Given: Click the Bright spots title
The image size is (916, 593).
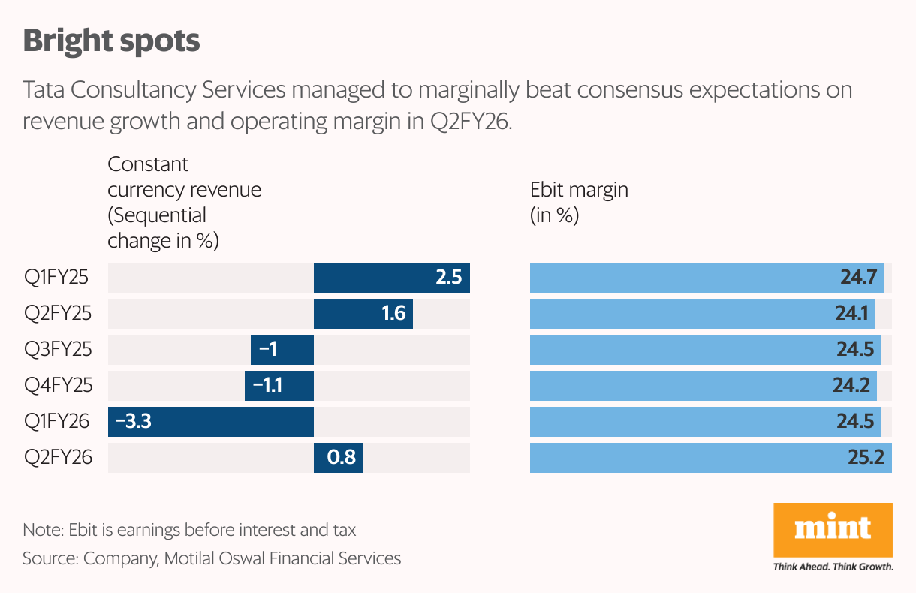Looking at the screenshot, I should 111,41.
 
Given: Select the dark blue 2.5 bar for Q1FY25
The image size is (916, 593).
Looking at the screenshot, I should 391,278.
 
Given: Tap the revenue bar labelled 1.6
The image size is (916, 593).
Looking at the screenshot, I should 363,313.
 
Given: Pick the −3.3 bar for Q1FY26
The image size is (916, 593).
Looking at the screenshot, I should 210,422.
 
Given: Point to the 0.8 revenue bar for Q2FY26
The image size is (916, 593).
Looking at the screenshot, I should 338,457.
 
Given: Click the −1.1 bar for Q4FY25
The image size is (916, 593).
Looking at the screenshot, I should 279,386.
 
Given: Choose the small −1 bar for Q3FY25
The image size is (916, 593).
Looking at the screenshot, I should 282,350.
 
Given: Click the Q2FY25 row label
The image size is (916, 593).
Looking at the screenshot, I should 58,313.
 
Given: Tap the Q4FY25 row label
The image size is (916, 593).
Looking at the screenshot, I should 58,386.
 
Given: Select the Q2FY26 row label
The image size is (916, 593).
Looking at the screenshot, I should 58,457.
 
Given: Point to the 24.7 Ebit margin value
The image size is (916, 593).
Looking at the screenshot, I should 858,278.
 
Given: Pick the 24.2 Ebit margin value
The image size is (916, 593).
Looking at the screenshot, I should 851,386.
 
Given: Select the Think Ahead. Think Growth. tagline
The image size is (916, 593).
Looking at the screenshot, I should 833,567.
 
